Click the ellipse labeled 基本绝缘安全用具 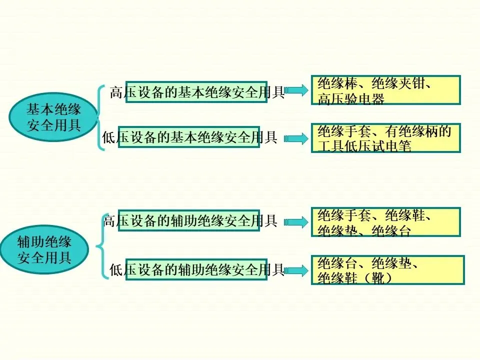click(x=53, y=116)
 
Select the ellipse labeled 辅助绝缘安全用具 click(x=44, y=249)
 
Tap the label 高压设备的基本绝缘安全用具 click(x=196, y=92)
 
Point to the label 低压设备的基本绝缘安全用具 click(x=189, y=137)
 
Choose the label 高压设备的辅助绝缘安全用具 click(x=189, y=220)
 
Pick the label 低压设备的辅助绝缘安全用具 click(x=196, y=270)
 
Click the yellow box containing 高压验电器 click(x=385, y=90)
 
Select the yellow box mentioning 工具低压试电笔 click(x=385, y=138)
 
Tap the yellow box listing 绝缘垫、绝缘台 click(x=385, y=222)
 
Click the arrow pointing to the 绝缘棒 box click(x=297, y=90)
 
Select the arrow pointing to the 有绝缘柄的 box click(x=295, y=138)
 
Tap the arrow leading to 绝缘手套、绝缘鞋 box click(x=295, y=222)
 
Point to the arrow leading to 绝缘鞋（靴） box click(x=297, y=270)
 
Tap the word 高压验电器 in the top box click(x=351, y=99)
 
